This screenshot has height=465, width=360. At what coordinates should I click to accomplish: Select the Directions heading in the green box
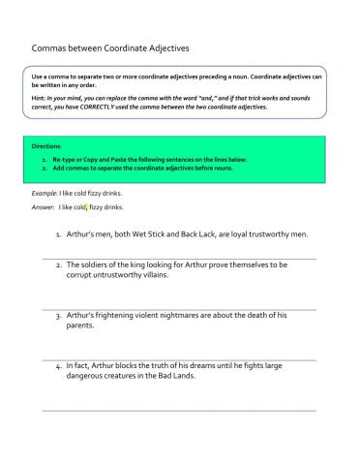[x=47, y=146]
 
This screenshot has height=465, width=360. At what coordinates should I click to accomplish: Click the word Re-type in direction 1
[x=64, y=157]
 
